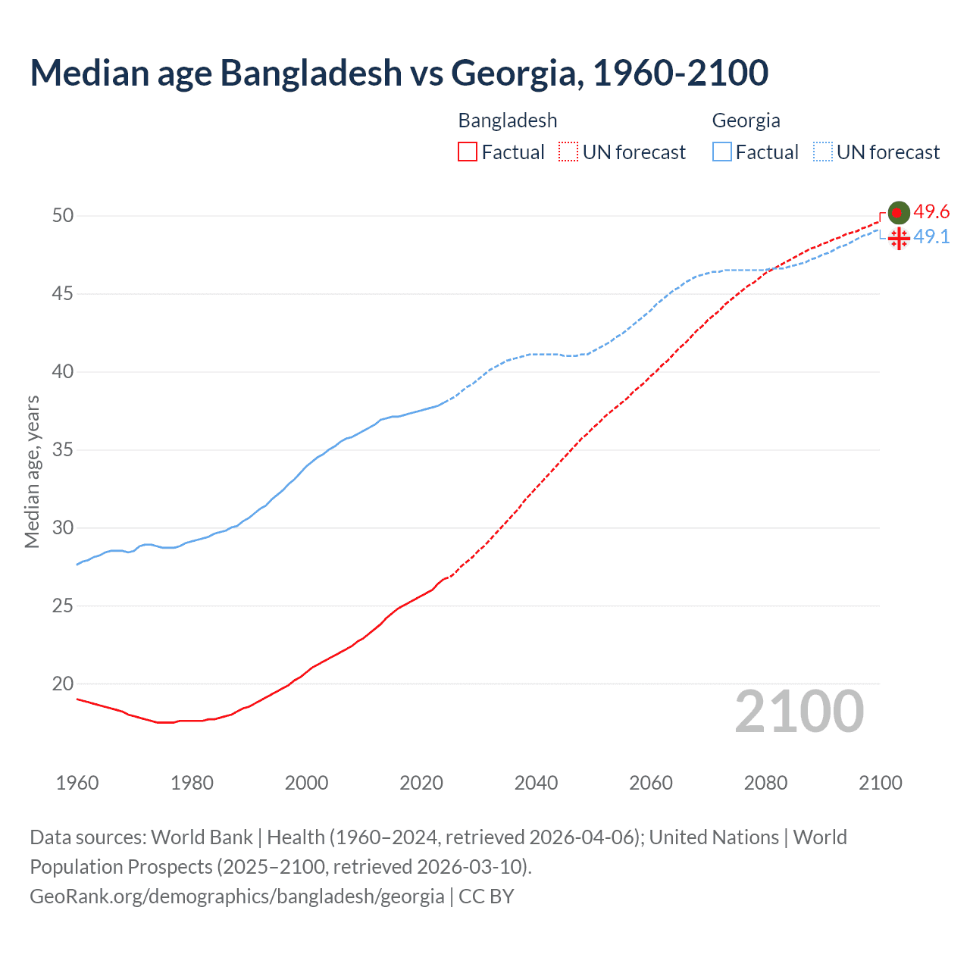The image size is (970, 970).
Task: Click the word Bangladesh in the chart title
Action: coord(311,73)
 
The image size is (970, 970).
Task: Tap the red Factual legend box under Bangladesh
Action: coord(468,152)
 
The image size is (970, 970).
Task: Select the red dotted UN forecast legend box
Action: coord(568,152)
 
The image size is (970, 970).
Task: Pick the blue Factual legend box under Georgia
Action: coord(721,152)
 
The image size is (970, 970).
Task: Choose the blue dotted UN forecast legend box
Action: coord(822,152)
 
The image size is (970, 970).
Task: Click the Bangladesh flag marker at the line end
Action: coord(898,213)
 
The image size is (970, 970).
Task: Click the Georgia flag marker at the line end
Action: coord(898,239)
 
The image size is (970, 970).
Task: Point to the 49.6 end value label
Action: coord(931,212)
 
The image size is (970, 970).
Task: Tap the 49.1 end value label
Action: coord(931,237)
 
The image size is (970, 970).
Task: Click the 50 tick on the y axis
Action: coord(63,216)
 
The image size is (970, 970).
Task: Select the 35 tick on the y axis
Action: coord(63,450)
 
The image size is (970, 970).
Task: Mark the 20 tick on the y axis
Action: coord(63,684)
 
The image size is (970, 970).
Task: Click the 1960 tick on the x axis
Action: coord(77,783)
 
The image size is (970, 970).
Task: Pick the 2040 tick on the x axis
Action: coord(536,783)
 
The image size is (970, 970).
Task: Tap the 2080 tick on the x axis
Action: coord(765,783)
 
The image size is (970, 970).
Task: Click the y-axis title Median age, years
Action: coord(32,471)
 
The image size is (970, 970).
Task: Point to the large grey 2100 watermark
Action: coord(799,712)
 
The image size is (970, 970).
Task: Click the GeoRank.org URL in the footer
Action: coord(236,896)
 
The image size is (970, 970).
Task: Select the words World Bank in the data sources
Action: coord(202,837)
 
